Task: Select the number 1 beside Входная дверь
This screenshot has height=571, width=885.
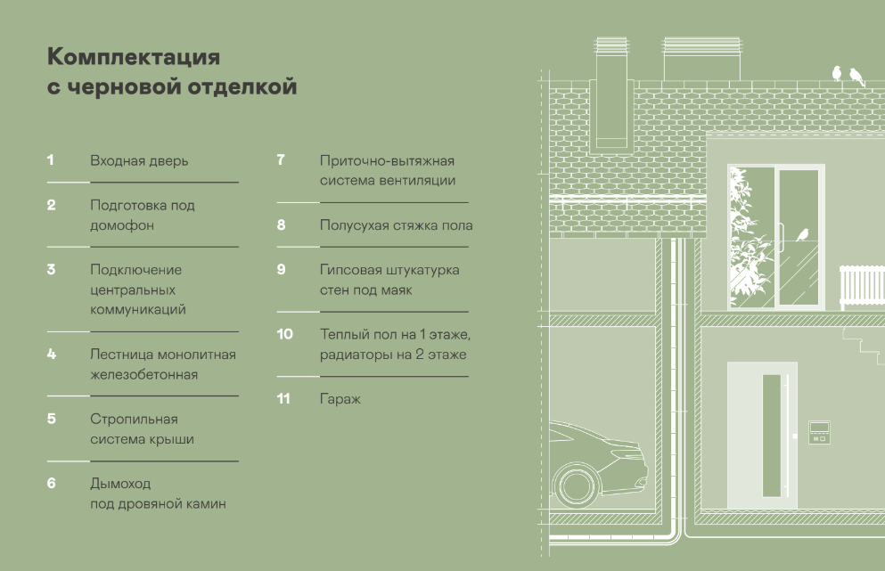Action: pyautogui.click(x=51, y=160)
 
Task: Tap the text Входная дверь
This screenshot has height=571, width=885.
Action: pyautogui.click(x=139, y=161)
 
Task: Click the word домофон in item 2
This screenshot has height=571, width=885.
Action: pyautogui.click(x=122, y=225)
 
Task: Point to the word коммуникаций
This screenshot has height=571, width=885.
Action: pyautogui.click(x=138, y=310)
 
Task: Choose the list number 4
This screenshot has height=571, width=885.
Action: pyautogui.click(x=52, y=354)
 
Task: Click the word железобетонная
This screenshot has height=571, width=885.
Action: pyautogui.click(x=143, y=375)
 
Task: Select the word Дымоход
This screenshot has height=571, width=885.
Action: pyautogui.click(x=120, y=483)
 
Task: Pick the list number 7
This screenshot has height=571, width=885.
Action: pyautogui.click(x=281, y=160)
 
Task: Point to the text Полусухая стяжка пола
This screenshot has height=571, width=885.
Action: pyautogui.click(x=396, y=225)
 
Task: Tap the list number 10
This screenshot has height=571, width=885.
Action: pyautogui.click(x=285, y=334)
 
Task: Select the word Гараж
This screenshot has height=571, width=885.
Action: pyautogui.click(x=340, y=398)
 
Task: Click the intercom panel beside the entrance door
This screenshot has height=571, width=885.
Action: pyautogui.click(x=819, y=432)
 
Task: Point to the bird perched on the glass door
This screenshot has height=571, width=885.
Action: pyautogui.click(x=803, y=234)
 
